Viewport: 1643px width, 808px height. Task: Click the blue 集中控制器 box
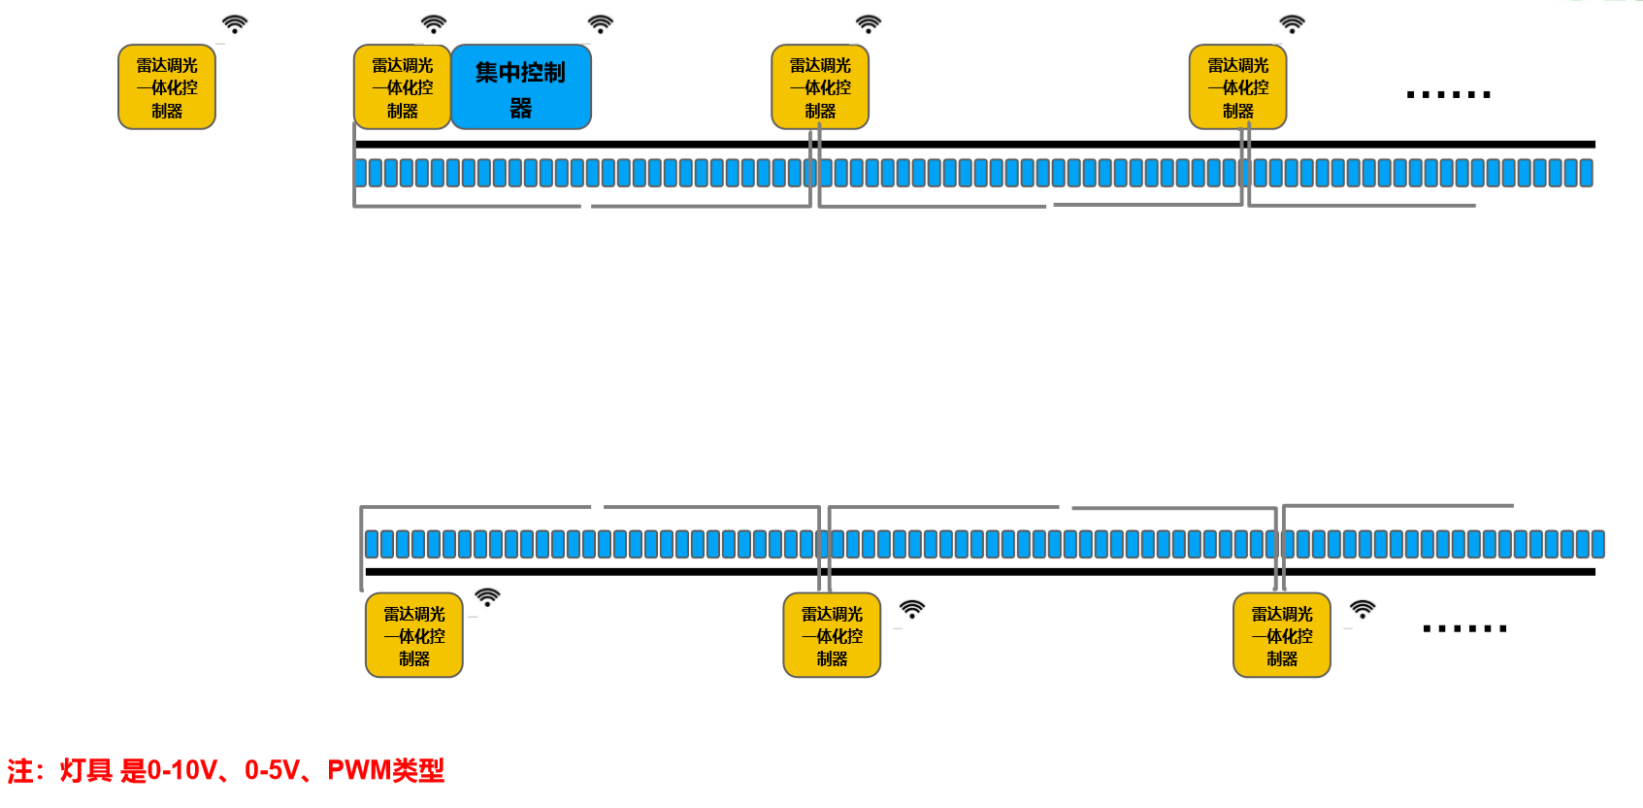(521, 87)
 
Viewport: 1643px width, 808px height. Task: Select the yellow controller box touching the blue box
(402, 87)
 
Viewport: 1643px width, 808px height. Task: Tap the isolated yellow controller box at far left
(167, 87)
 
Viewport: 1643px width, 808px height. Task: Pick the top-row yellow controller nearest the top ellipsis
(1237, 87)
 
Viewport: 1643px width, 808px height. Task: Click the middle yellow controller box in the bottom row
(832, 635)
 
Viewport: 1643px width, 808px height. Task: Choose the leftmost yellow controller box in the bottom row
(414, 635)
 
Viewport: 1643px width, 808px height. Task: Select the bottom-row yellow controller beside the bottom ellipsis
(1281, 635)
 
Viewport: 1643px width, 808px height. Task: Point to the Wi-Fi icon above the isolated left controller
(235, 24)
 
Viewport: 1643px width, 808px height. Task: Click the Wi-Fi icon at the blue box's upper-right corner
(601, 24)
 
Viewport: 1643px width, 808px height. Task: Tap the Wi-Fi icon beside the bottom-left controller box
(487, 597)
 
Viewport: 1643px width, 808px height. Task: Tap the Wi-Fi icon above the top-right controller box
(1292, 24)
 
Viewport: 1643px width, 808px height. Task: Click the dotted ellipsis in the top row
(1448, 94)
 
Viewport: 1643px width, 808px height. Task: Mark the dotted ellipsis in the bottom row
(1464, 629)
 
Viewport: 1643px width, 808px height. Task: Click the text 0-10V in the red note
(182, 771)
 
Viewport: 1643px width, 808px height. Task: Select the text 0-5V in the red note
(272, 771)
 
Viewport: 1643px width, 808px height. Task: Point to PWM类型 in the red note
(385, 771)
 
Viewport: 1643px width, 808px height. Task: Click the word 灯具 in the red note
(86, 771)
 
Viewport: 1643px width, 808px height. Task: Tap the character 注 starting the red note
(20, 771)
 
